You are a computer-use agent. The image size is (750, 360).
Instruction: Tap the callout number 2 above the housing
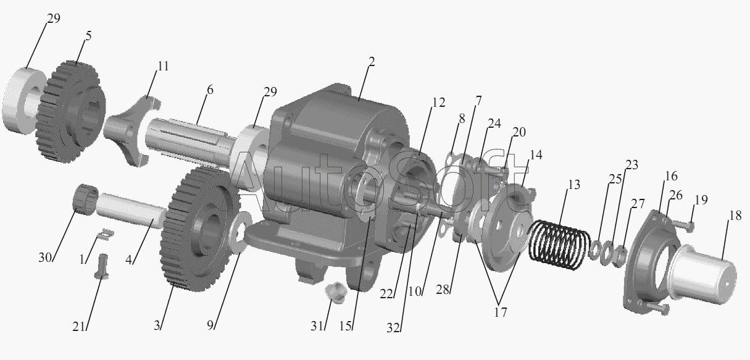point(371,62)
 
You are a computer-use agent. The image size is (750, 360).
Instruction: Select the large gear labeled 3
point(201,229)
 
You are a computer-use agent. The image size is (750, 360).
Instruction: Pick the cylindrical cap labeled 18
point(703,278)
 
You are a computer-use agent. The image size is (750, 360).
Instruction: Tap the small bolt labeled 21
point(101,266)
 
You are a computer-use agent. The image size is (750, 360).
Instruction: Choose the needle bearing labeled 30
point(85,199)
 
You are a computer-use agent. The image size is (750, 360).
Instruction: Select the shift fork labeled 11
point(131,131)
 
